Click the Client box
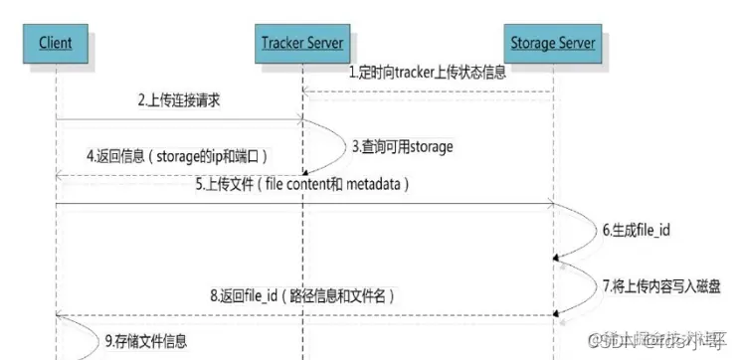[57, 44]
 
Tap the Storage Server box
[553, 43]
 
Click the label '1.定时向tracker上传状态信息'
[427, 73]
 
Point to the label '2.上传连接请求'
[179, 101]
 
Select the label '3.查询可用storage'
[403, 146]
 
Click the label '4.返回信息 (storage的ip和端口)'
[180, 156]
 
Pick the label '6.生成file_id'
[637, 229]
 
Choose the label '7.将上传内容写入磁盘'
[660, 285]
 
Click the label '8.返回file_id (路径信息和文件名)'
[302, 295]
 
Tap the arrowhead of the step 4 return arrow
[61, 177]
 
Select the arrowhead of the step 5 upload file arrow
[548, 205]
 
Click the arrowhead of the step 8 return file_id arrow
[61, 315]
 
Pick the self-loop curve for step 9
[85, 335]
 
